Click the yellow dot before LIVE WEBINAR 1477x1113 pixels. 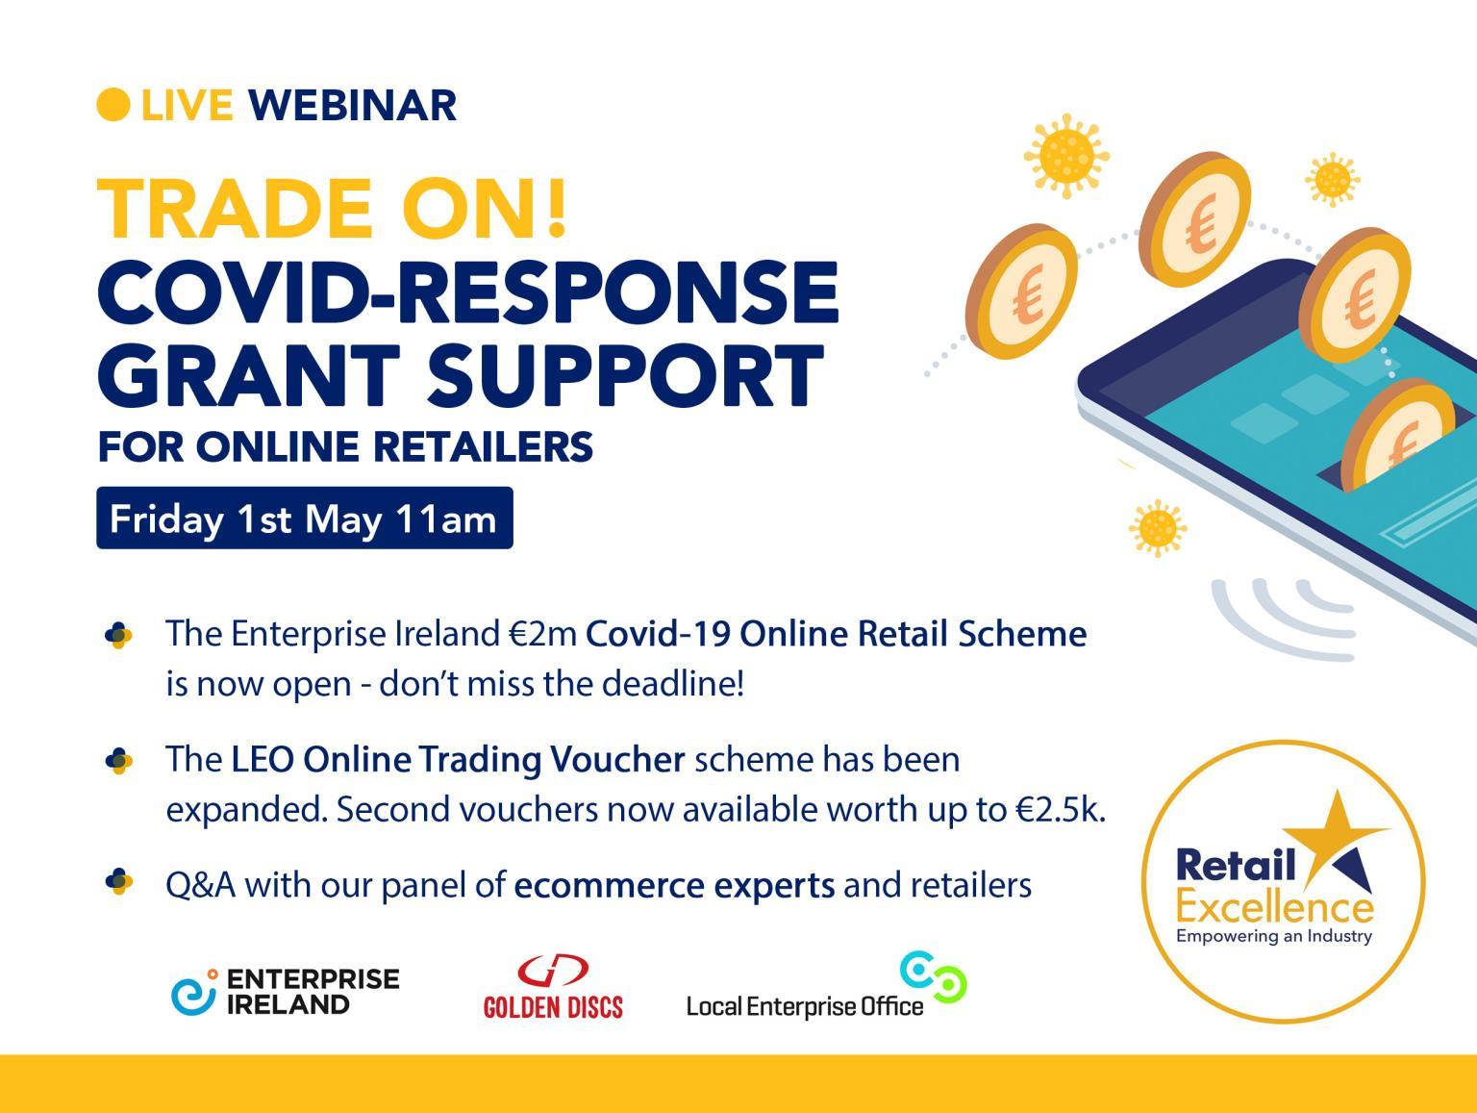[113, 105]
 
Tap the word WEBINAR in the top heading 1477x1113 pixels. [352, 106]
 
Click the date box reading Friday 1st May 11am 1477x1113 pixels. [304, 519]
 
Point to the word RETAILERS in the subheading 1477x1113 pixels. [483, 446]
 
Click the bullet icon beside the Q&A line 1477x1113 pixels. [118, 881]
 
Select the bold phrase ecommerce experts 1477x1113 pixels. [674, 886]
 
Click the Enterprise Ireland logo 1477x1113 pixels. [286, 991]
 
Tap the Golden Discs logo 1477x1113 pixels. [553, 986]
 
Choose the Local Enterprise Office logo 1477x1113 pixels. [826, 985]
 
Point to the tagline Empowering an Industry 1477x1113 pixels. [1274, 937]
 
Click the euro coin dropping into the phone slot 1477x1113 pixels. [1391, 433]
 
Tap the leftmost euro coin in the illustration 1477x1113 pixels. [1021, 292]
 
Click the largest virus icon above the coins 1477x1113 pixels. [1066, 156]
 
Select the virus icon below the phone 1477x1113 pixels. [1158, 528]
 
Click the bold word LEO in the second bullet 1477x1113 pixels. [263, 760]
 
